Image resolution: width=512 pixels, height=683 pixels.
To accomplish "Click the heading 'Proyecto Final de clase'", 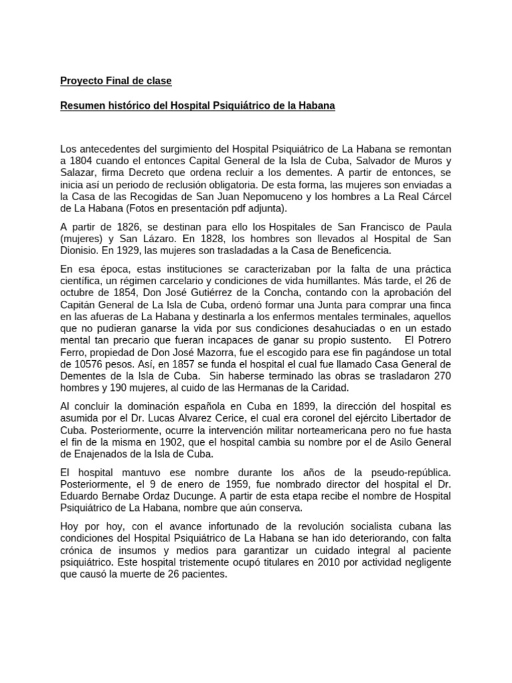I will click(116, 81).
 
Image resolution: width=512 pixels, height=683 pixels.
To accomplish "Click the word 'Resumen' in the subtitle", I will click(82, 105).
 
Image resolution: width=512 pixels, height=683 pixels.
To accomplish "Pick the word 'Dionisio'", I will click(79, 250).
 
